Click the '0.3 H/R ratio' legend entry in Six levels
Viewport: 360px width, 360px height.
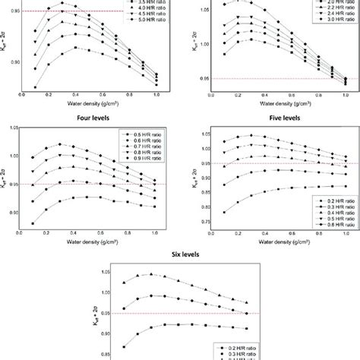(x=229, y=352)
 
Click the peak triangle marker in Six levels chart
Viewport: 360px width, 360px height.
(x=151, y=274)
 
